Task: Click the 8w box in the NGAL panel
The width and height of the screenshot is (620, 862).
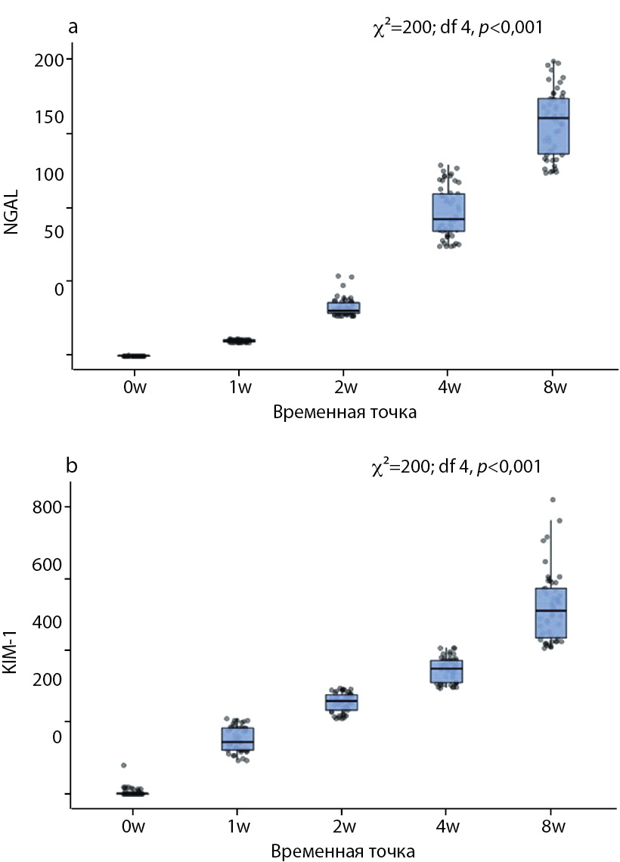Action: pos(553,126)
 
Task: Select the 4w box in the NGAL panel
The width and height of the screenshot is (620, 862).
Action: pos(448,212)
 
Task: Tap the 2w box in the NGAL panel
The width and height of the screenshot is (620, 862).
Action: pos(343,308)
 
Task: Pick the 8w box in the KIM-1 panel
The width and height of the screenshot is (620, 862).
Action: pos(551,612)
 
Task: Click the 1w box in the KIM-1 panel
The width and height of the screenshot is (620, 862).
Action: pos(237,739)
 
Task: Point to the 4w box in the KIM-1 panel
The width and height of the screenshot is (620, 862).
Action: pos(447,671)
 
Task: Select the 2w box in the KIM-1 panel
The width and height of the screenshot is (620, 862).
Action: pos(342,702)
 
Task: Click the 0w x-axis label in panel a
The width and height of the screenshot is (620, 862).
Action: pos(135,389)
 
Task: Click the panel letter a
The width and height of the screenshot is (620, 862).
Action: pos(73,27)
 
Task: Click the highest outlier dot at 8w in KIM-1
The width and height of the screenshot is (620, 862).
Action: pos(553,500)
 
